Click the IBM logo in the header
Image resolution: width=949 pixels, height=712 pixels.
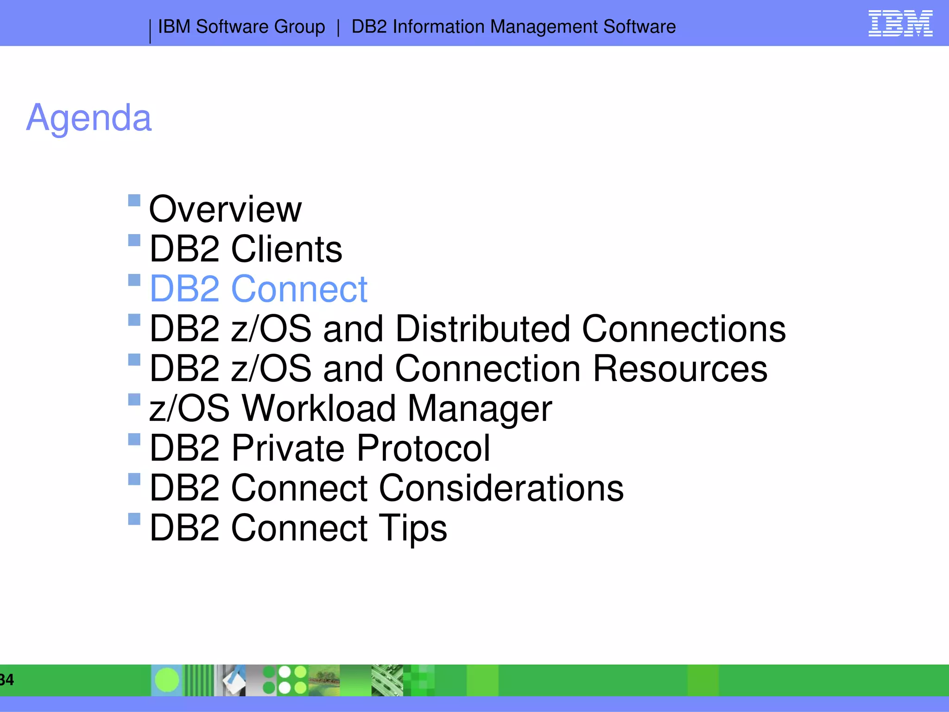point(900,23)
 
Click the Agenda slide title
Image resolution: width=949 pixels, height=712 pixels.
point(89,118)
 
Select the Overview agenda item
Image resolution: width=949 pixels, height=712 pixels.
point(225,209)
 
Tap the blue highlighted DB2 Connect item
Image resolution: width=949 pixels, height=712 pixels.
point(259,289)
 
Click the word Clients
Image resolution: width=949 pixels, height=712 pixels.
point(286,249)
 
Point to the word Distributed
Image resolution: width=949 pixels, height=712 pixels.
point(482,329)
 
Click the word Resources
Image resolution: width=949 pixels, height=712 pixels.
point(680,369)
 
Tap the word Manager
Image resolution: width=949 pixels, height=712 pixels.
point(480,409)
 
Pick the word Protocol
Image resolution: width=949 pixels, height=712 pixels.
point(423,448)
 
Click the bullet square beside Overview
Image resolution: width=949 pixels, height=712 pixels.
point(134,200)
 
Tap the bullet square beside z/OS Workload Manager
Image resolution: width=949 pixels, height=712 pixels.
point(134,400)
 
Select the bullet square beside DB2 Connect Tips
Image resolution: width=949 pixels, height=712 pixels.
point(134,519)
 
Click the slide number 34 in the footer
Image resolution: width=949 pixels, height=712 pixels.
point(6,680)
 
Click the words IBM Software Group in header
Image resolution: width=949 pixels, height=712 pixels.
point(241,27)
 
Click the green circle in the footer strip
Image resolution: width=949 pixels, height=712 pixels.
point(167,680)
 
